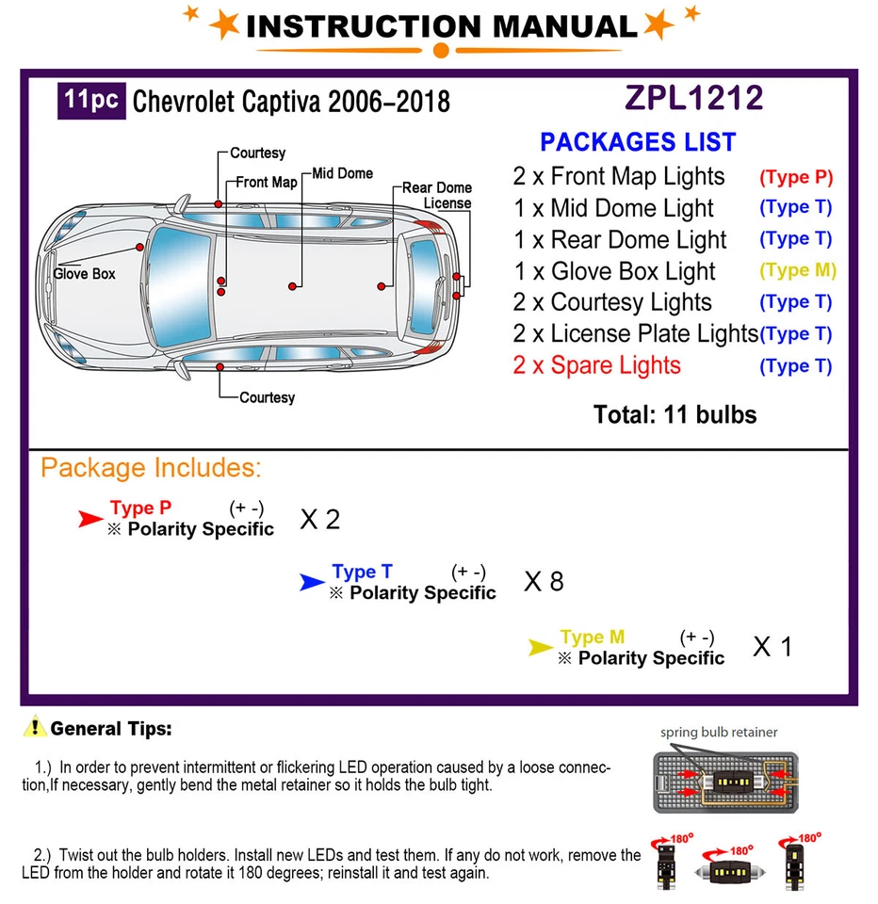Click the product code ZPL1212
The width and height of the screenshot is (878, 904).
tap(693, 98)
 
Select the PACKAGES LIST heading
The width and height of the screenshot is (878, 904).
tap(638, 142)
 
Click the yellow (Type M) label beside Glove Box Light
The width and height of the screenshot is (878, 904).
tap(797, 270)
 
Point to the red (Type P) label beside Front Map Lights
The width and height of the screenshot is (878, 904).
tap(796, 176)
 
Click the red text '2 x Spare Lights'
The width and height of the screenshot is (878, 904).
tap(596, 365)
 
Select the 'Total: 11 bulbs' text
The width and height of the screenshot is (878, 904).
tap(675, 414)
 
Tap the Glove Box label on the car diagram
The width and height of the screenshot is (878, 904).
tap(84, 273)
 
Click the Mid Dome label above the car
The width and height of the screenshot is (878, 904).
tap(343, 173)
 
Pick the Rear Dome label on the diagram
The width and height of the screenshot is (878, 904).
tap(436, 188)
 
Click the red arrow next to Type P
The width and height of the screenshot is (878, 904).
tap(90, 518)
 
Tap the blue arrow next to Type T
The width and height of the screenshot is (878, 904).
tap(312, 583)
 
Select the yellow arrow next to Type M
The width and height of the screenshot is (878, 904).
tap(540, 647)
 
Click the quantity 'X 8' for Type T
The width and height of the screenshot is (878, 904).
tap(544, 582)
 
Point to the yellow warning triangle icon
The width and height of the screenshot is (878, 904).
tap(35, 727)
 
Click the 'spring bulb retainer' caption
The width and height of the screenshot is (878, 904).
tap(719, 732)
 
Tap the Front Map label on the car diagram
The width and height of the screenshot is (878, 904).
tap(266, 183)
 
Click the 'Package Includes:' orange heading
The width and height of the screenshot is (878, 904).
tap(151, 468)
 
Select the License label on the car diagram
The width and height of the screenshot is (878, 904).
tap(447, 203)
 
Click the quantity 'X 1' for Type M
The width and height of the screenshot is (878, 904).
tap(772, 647)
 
